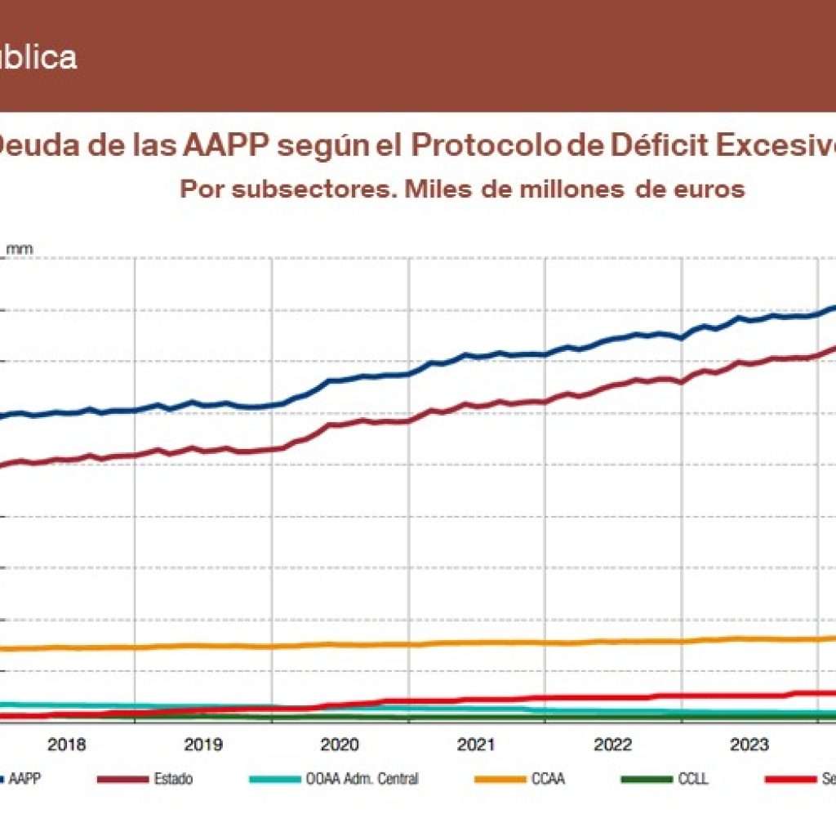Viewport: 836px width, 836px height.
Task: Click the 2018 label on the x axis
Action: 67,744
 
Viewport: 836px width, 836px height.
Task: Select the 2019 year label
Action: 203,744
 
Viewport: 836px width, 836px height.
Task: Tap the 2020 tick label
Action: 340,744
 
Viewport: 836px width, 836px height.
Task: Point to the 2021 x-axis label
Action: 476,744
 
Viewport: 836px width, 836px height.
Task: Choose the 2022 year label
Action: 612,744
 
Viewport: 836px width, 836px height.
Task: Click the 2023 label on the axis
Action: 749,744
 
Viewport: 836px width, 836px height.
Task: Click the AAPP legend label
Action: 27,779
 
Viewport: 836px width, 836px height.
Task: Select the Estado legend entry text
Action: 173,779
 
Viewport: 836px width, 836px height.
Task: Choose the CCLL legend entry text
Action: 693,779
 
